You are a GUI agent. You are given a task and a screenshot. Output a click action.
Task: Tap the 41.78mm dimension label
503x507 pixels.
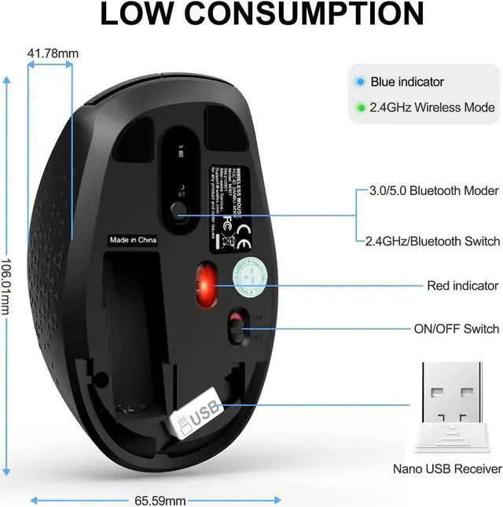tap(53, 54)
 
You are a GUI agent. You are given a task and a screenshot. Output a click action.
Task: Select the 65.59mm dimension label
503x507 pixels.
tap(160, 500)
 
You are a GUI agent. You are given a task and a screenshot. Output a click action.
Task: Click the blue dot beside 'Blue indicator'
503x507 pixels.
tap(360, 81)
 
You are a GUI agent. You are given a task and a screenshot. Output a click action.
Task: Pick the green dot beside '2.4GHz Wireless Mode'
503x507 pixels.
tap(360, 107)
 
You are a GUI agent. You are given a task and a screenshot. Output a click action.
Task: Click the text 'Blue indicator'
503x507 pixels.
tap(407, 82)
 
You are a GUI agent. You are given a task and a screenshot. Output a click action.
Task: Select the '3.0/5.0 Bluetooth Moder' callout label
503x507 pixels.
tap(434, 191)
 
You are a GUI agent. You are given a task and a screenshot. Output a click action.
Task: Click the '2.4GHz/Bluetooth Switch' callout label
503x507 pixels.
tap(432, 241)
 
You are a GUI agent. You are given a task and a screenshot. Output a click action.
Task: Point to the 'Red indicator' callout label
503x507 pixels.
tap(462, 285)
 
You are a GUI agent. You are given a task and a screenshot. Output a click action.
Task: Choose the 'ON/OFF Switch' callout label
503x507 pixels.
tap(457, 329)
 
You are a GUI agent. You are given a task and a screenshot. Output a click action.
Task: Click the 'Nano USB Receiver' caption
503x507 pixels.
tap(447, 469)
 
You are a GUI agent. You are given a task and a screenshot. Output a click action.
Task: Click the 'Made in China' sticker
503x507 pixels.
tap(131, 241)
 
